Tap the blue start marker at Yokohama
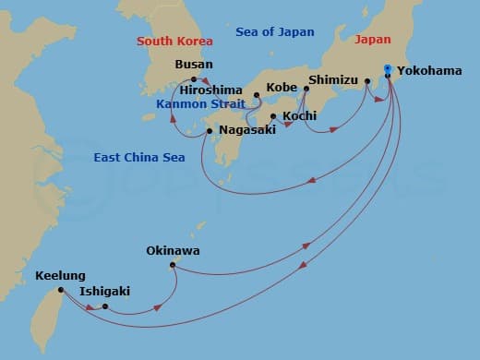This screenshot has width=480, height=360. pos(387,69)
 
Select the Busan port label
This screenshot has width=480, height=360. pos(193,65)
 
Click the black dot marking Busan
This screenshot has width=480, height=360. pos(194,79)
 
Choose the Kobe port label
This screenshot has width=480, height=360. pos(282,86)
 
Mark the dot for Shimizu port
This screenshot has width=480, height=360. pos(306,90)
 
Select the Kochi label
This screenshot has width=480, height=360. pos(301,116)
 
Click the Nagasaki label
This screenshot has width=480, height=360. pos(247,131)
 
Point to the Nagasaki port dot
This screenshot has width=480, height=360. pos(210,131)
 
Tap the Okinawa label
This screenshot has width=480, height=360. pos(173,250)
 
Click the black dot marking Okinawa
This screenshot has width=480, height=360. pos(173,266)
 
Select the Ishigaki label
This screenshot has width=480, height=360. pos(104,291)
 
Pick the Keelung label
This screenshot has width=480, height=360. pos(59,275)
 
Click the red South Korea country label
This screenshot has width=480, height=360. pos(174,41)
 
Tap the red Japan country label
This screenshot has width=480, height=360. pos(373,40)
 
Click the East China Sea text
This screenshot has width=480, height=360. pos(139,158)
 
